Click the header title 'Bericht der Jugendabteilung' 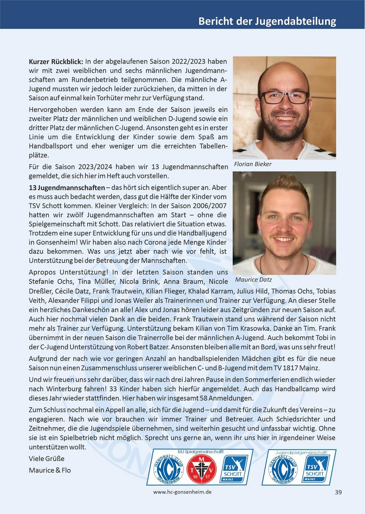(x=267, y=21)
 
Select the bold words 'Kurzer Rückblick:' (x=56, y=62)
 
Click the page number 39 (x=338, y=492)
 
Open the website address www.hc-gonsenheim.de (x=182, y=492)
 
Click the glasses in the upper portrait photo (x=285, y=97)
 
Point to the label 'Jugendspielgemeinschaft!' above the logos (x=299, y=452)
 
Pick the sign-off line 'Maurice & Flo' (x=50, y=470)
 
